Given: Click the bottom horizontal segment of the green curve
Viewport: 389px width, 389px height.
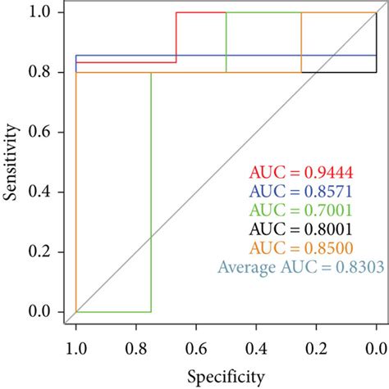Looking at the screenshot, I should [113, 312].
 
